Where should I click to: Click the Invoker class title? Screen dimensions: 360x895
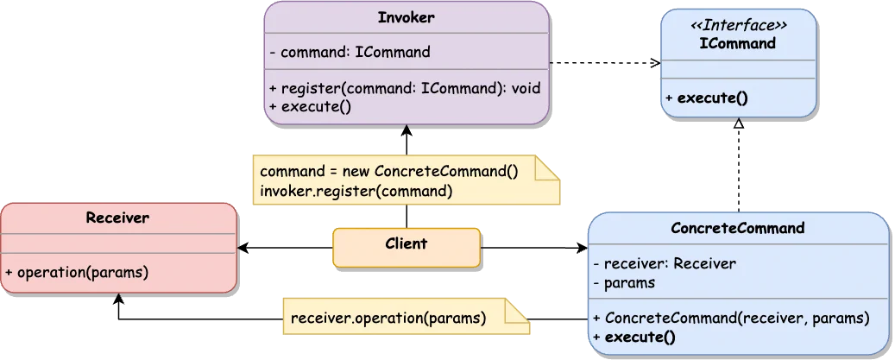(x=406, y=18)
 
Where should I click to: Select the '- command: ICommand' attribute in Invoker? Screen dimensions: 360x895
(x=350, y=52)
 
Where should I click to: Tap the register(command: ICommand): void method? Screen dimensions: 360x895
(x=404, y=88)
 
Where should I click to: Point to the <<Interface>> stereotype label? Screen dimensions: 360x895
(x=738, y=26)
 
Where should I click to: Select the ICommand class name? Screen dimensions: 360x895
(x=738, y=43)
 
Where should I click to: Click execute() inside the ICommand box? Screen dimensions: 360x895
(x=707, y=98)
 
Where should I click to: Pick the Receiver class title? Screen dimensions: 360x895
(x=117, y=218)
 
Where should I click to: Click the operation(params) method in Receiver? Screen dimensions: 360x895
(x=77, y=271)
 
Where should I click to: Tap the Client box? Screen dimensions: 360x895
(x=406, y=245)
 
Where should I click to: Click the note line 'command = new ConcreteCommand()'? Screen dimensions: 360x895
(x=388, y=171)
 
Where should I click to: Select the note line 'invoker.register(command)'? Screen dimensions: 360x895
(x=356, y=191)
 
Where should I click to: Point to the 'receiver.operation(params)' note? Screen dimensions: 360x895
(x=388, y=317)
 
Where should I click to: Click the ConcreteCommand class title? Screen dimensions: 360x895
(x=738, y=228)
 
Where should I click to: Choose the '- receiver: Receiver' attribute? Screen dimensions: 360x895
(x=665, y=263)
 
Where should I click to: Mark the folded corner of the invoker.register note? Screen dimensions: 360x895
(x=548, y=167)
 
